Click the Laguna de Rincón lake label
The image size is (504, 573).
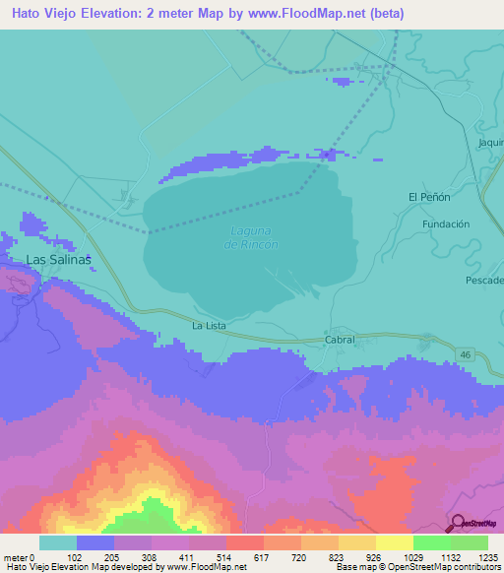click(x=253, y=237)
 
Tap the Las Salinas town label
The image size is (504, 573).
click(x=58, y=260)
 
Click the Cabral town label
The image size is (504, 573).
click(x=339, y=339)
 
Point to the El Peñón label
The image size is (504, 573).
click(x=429, y=197)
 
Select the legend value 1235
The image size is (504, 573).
click(x=487, y=556)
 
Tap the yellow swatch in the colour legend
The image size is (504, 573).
click(x=394, y=542)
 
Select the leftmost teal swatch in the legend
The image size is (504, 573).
click(x=58, y=542)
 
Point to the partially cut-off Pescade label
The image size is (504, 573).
click(x=484, y=281)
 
